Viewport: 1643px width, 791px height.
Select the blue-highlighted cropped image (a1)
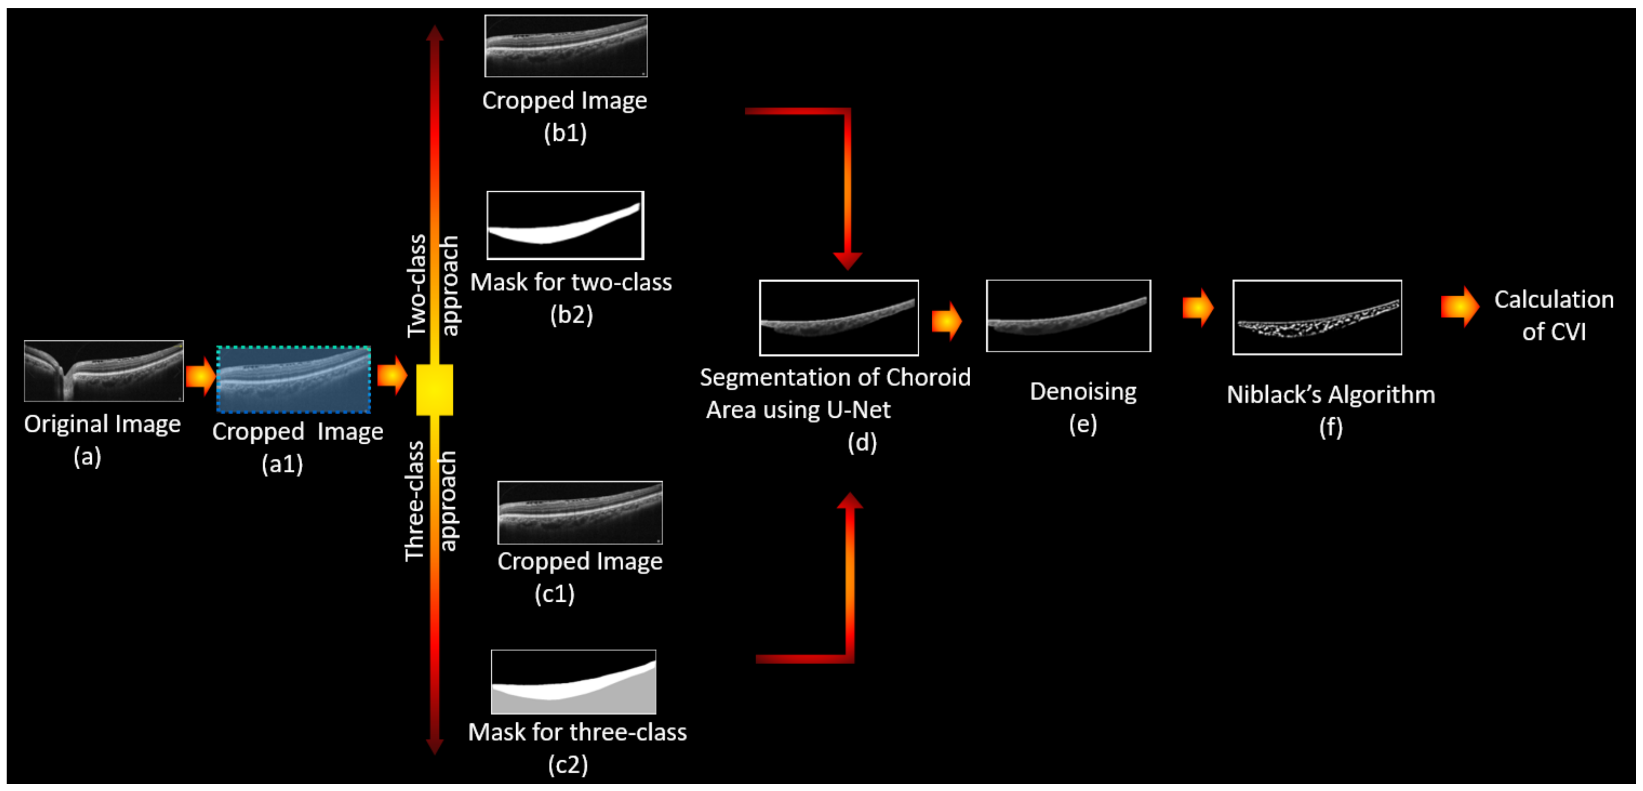click(293, 379)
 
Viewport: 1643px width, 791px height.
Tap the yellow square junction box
click(434, 390)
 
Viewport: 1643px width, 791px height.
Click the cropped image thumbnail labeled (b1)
click(566, 46)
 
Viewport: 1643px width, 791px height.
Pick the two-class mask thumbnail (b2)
click(565, 225)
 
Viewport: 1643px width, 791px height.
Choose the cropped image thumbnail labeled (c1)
click(580, 512)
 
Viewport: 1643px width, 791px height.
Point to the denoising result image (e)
click(1068, 316)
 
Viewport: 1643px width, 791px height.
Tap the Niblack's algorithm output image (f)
click(1317, 317)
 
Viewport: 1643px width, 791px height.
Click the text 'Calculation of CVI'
click(1554, 315)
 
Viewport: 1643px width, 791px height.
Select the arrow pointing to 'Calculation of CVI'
click(1459, 307)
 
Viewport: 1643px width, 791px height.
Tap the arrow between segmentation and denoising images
click(947, 321)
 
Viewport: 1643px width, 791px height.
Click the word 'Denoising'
click(1083, 392)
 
